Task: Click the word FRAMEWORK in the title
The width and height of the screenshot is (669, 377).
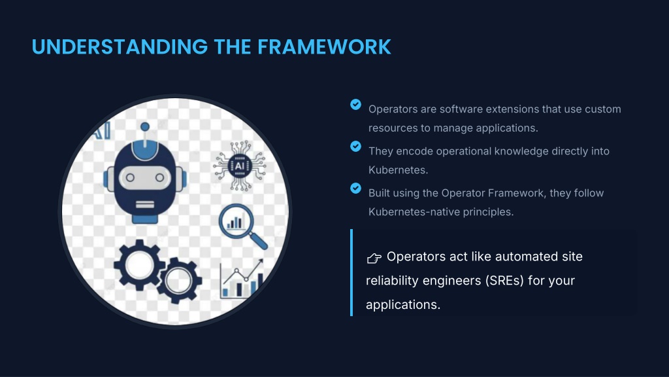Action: pyautogui.click(x=324, y=47)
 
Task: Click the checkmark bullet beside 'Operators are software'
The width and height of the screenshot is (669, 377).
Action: pyautogui.click(x=355, y=104)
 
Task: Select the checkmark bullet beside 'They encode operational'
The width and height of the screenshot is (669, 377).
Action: pyautogui.click(x=355, y=146)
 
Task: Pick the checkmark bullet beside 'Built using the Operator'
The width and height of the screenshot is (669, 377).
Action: pyautogui.click(x=355, y=188)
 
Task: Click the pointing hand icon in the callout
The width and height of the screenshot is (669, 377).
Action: pyautogui.click(x=374, y=258)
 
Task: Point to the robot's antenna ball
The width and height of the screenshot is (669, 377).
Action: pyautogui.click(x=145, y=126)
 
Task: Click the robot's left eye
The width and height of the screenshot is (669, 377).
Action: pyautogui.click(x=130, y=177)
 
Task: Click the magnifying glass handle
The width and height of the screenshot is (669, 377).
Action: pyautogui.click(x=259, y=242)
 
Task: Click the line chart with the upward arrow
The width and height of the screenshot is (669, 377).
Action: pyautogui.click(x=242, y=279)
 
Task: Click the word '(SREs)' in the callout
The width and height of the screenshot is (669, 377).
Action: pyautogui.click(x=504, y=281)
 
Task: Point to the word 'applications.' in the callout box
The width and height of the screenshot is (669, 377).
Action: pyautogui.click(x=403, y=304)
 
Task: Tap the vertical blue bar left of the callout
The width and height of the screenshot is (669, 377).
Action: pyautogui.click(x=351, y=272)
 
